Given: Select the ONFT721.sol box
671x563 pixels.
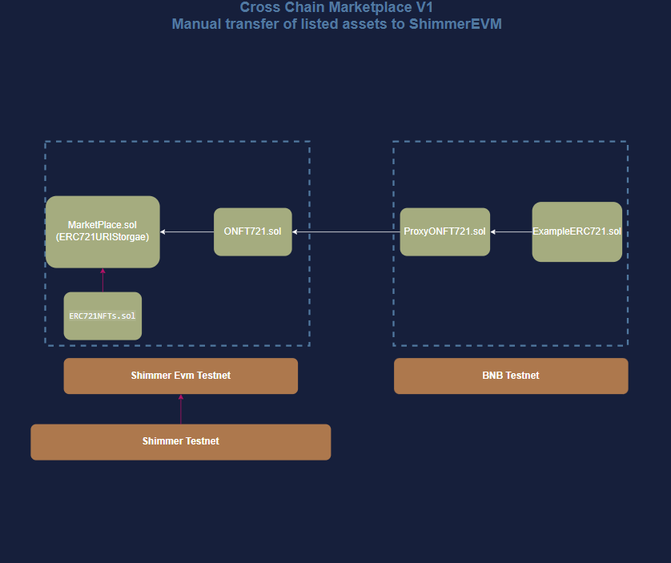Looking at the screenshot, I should (253, 231).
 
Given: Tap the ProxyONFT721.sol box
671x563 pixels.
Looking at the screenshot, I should (444, 231).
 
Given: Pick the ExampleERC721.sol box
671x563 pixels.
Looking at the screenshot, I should (577, 231).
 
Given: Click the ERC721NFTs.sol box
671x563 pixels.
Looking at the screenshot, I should (102, 316).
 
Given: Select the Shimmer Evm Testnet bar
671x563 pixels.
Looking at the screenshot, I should (181, 376).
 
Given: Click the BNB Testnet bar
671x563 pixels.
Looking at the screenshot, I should (511, 376).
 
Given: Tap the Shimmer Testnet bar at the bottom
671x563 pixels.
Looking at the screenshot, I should (181, 441).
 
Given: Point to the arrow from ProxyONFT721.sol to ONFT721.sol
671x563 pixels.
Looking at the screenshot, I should (346, 231).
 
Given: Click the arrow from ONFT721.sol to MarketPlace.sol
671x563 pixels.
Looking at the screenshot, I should (187, 231).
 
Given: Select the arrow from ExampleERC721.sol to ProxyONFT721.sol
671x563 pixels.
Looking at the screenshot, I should (511, 231).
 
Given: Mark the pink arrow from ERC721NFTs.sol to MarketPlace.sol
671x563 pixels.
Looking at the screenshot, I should (102, 280).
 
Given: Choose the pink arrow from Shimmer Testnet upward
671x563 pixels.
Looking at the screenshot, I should (181, 409).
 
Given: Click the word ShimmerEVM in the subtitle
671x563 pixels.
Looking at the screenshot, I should (456, 23).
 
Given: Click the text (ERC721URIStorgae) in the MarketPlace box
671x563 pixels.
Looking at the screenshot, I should (102, 237).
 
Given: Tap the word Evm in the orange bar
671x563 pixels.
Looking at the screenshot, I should (183, 376).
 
